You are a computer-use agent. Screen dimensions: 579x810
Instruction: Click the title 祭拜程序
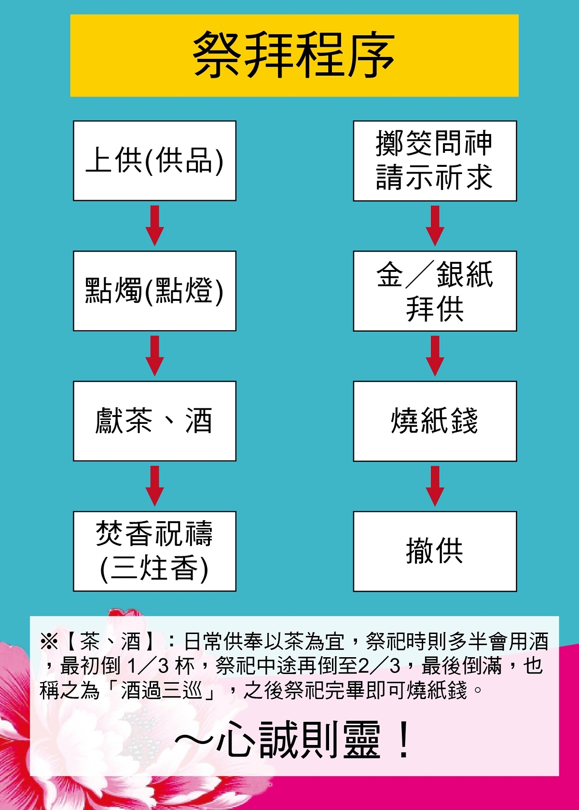point(294,55)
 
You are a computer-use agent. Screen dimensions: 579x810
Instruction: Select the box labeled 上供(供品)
point(154,161)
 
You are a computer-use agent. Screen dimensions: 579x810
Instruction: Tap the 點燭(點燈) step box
point(154,291)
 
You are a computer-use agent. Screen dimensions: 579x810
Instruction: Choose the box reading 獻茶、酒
point(154,421)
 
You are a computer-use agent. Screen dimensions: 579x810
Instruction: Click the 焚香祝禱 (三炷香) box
point(154,551)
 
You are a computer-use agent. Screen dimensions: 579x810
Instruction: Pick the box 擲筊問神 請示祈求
point(435,161)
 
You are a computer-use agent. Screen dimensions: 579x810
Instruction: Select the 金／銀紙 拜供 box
point(435,291)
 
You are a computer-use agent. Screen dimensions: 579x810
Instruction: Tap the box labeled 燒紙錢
point(435,421)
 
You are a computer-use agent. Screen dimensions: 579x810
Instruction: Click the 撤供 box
point(435,551)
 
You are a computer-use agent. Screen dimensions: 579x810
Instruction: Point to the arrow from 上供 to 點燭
point(154,226)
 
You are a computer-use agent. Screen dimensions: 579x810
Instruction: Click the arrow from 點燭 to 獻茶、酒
point(154,356)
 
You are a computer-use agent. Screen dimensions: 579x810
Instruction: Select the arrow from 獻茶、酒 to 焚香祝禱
point(154,486)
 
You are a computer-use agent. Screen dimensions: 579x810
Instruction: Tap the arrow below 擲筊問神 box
point(435,226)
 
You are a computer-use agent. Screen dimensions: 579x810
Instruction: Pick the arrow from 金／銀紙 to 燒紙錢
point(435,356)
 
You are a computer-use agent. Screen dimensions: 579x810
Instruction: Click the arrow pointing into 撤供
point(435,486)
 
